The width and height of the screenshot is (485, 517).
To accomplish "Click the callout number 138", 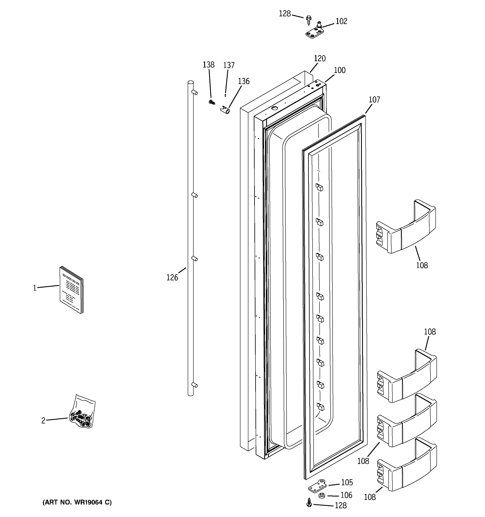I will pyautogui.click(x=208, y=65).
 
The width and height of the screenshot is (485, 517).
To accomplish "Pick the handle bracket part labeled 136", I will pyautogui.click(x=225, y=110).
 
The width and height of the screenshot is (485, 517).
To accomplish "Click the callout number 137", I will pyautogui.click(x=229, y=65).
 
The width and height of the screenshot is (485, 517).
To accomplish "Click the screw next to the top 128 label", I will pyautogui.click(x=309, y=20).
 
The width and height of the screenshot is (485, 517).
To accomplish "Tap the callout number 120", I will pyautogui.click(x=320, y=58).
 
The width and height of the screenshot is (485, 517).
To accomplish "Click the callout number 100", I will pyautogui.click(x=339, y=70).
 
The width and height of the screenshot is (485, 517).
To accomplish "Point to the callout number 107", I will pyautogui.click(x=374, y=99).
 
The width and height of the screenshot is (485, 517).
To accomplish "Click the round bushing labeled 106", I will pyautogui.click(x=322, y=496).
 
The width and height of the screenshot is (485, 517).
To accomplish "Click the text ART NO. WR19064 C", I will pyautogui.click(x=77, y=502).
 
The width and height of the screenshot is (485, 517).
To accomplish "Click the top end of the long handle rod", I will pyautogui.click(x=191, y=83).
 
